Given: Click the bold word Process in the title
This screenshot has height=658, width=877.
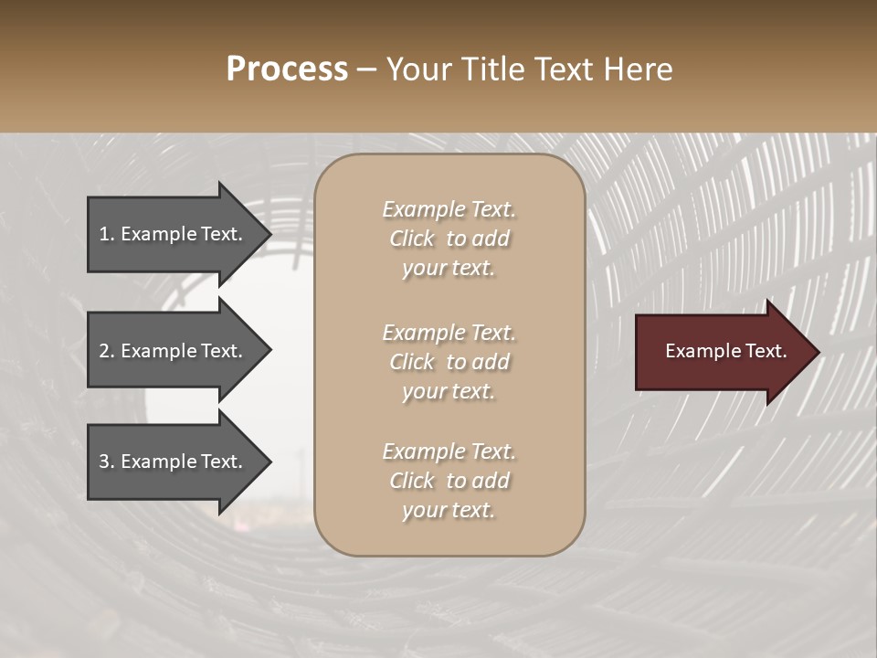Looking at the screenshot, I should tap(287, 69).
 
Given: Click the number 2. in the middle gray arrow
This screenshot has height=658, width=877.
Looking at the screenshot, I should tap(107, 351).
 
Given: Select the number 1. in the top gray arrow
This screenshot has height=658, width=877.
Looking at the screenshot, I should tap(106, 234).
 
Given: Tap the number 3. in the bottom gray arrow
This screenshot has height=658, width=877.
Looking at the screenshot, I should tap(107, 462).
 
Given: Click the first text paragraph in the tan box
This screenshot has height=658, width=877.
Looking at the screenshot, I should tap(449, 239).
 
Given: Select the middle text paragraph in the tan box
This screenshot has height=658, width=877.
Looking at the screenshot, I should tap(449, 362).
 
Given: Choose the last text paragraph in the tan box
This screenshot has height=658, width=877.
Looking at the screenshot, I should tap(449, 481).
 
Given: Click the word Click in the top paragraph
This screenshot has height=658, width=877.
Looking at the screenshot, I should tap(412, 239).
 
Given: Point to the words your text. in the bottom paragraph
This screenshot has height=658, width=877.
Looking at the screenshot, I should tap(449, 510).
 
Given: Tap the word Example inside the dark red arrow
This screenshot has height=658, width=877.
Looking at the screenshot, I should tap(696, 352).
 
